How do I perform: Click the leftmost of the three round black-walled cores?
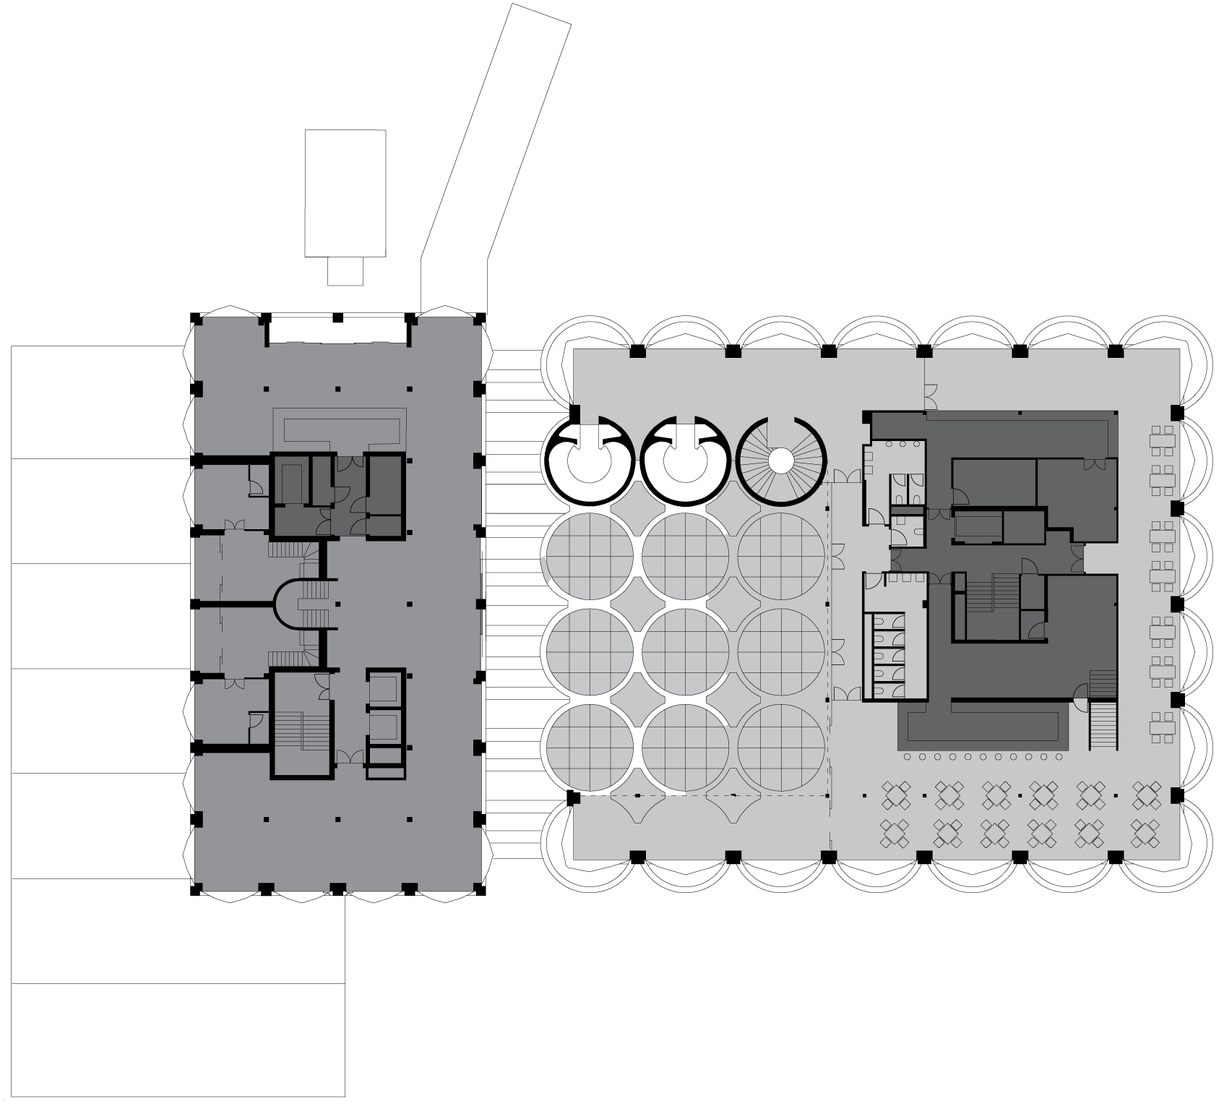point(589,461)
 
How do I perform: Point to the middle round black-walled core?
point(684,461)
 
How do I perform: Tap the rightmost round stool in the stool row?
point(1059,756)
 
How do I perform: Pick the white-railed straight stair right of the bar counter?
point(1103,727)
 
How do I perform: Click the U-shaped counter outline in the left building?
point(343,428)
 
